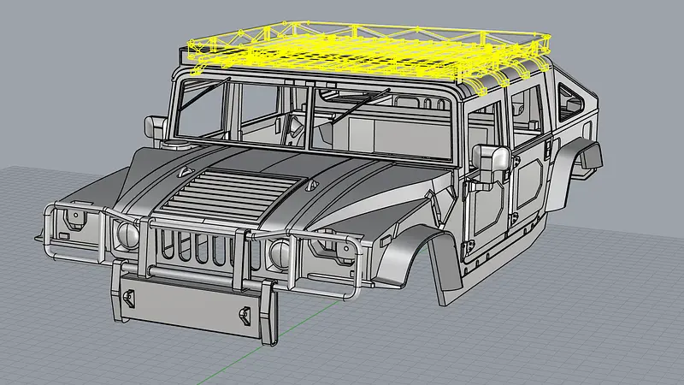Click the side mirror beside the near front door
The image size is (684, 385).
coord(492,163)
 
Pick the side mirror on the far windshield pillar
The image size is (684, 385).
coord(157,127)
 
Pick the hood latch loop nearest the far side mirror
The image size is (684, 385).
coord(183,172)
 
